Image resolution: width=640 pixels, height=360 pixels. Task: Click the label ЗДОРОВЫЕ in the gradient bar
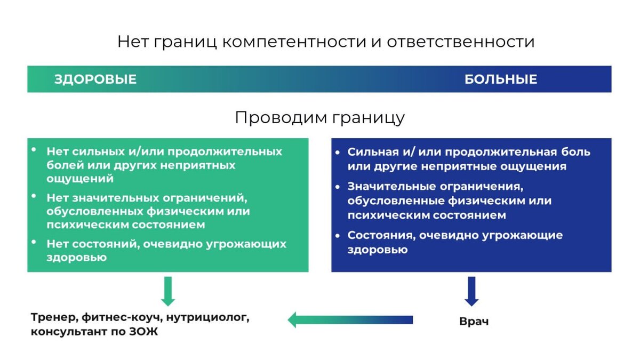pos(95,79)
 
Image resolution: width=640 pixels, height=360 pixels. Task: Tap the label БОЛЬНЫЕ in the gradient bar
pos(500,79)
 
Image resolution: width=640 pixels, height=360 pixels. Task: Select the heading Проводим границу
pos(319,117)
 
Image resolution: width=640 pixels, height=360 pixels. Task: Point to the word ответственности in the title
pos(461,42)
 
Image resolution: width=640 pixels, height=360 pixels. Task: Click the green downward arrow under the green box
pos(168,291)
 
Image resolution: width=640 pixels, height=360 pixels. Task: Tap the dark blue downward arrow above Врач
pos(471,291)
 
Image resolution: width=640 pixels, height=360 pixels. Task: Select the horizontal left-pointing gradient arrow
pos(350,320)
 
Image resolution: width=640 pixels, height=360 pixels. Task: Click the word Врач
pos(474,322)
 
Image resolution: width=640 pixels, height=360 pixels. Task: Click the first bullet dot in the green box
pos(35,150)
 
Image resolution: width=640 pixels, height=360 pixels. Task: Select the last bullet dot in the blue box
pos(338,235)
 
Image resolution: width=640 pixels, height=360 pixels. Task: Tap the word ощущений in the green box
pos(80,179)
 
